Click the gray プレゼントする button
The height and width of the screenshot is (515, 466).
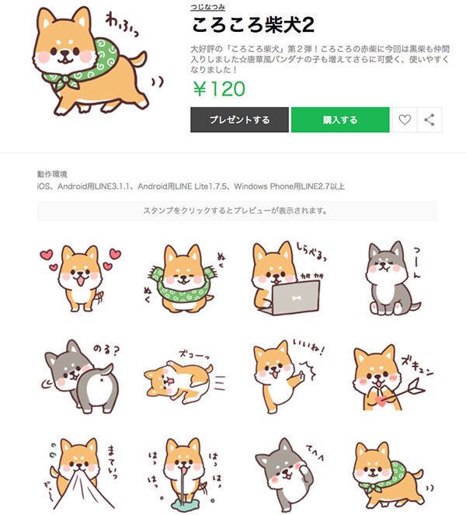[239, 120]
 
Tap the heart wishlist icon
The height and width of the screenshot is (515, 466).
[404, 120]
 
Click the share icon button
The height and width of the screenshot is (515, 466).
[429, 120]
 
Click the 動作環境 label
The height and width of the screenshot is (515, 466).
[52, 174]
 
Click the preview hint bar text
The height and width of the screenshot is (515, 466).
[235, 211]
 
